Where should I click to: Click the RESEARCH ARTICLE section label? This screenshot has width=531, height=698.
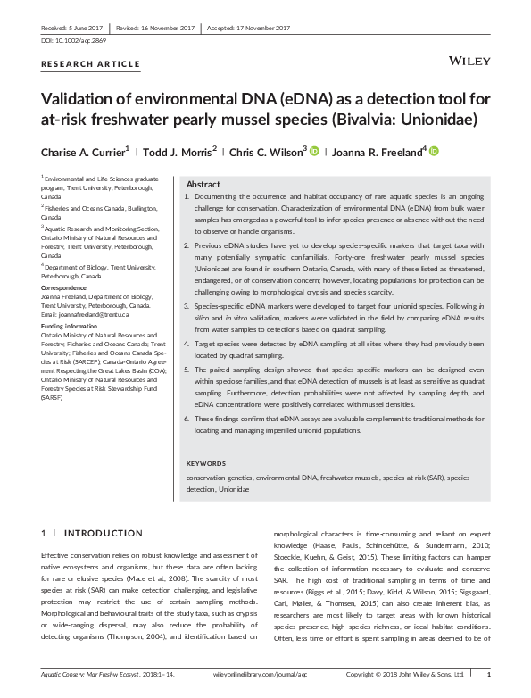click(x=91, y=64)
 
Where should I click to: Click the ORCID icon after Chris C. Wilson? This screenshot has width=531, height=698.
click(x=314, y=152)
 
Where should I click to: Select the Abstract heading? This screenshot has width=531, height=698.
click(x=203, y=183)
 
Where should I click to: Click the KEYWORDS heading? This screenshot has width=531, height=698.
click(x=207, y=463)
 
